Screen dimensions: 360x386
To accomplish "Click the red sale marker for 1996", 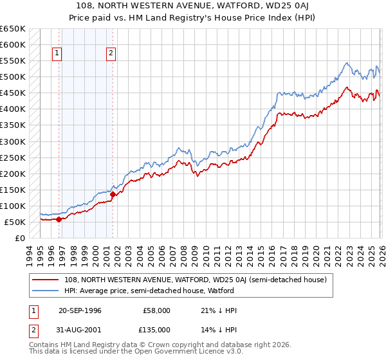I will (59, 219).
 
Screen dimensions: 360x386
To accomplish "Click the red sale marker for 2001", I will (113, 194).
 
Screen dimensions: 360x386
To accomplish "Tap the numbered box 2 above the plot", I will (111, 53).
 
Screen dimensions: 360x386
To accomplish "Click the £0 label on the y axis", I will (20, 238).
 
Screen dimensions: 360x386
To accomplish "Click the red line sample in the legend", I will (44, 280).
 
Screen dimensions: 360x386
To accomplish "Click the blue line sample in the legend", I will (44, 291).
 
